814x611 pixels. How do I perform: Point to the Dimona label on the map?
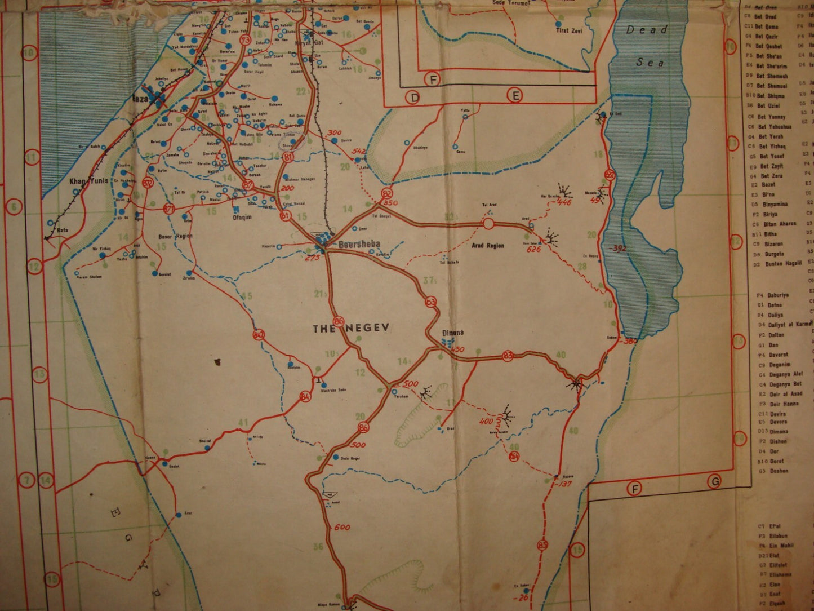click(453, 333)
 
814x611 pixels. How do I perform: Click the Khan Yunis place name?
click(88, 181)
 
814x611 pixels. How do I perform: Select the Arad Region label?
click(487, 246)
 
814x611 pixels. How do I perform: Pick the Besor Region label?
click(175, 236)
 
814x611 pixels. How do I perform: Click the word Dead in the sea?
click(646, 30)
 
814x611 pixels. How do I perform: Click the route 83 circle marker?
click(508, 356)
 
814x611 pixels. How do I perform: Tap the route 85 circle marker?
click(542, 545)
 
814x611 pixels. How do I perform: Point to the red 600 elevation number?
click(342, 528)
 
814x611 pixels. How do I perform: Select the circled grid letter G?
click(715, 482)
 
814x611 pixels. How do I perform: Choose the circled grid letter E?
click(514, 96)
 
